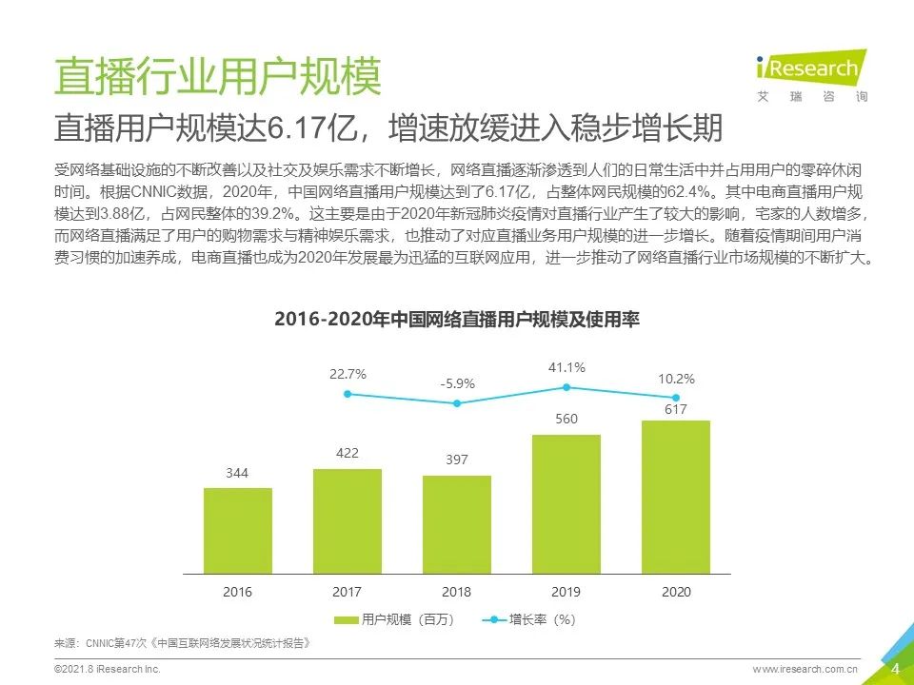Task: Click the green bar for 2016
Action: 238,532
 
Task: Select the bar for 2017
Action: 348,522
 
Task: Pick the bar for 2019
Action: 566,505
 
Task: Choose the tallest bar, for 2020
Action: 676,499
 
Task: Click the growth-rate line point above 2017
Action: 348,393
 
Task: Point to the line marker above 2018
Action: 457,403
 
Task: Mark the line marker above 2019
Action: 566,387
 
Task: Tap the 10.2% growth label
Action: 676,379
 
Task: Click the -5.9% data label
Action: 457,384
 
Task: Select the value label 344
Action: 238,472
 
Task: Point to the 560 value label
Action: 566,419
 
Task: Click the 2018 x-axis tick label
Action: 457,592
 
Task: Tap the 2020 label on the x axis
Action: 676,592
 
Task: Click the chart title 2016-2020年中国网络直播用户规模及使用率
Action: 456,319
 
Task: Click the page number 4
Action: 895,669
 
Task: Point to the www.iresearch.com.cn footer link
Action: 805,670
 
